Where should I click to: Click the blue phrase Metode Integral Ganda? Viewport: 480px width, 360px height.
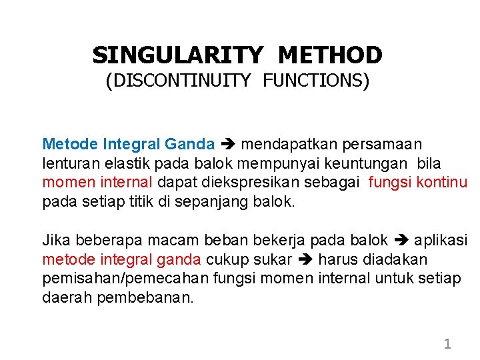129,144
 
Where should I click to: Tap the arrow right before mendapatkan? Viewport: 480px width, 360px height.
228,144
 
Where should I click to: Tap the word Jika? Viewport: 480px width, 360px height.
55,239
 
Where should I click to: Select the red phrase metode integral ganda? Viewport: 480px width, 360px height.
122,259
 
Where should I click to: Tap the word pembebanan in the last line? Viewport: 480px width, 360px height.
145,297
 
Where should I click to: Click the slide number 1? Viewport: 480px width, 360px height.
447,344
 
